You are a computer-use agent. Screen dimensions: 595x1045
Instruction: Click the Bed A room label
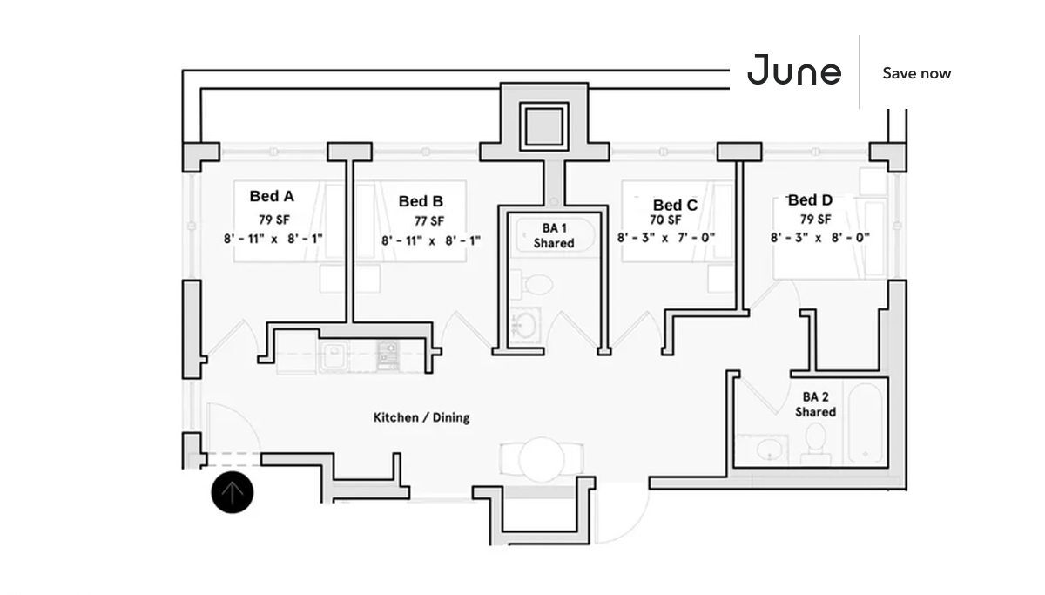click(272, 196)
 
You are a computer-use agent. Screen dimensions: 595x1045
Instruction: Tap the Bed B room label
click(421, 201)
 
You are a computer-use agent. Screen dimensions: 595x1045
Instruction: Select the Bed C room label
click(675, 205)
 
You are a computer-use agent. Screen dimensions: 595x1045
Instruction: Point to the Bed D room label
click(810, 200)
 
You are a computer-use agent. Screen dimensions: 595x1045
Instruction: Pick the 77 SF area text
click(428, 220)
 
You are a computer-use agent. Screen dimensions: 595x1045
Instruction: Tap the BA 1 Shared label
click(554, 236)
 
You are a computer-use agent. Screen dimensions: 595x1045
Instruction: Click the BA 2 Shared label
click(815, 404)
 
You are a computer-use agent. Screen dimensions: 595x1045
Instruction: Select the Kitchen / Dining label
click(421, 417)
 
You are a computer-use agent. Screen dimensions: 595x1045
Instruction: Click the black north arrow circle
click(233, 493)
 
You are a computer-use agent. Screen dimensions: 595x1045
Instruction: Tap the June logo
click(794, 71)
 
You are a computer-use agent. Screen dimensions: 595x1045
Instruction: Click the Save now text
click(916, 73)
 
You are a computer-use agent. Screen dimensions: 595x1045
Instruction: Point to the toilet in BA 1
click(540, 283)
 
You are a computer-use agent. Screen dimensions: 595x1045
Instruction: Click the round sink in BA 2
click(769, 450)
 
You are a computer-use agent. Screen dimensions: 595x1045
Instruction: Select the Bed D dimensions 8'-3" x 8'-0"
click(819, 237)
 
